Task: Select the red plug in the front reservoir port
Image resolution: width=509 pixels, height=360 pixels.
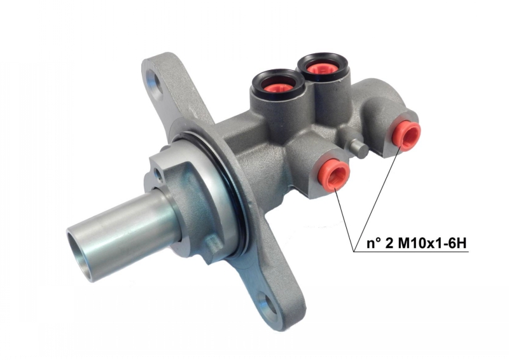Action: click(x=275, y=87)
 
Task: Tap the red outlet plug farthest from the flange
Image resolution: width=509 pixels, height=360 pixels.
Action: click(x=407, y=134)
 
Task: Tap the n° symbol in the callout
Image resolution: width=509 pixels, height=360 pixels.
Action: click(x=372, y=243)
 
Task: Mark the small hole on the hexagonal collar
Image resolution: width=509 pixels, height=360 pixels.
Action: click(x=157, y=171)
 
